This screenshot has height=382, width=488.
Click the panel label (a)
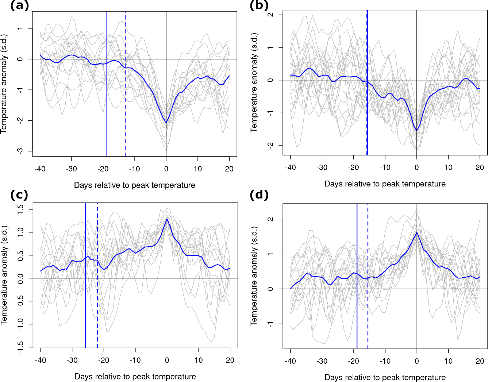click(x=19, y=6)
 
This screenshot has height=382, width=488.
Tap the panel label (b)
click(x=259, y=6)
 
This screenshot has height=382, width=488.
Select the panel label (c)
click(x=19, y=195)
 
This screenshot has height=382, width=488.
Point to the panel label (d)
click(x=259, y=195)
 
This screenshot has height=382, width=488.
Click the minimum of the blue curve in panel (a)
click(x=166, y=123)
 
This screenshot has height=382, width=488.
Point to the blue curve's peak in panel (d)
click(x=417, y=232)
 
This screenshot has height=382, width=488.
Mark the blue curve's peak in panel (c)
click(x=167, y=219)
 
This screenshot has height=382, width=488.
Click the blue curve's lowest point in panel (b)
click(x=416, y=130)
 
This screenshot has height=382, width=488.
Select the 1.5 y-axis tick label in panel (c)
click(x=20, y=209)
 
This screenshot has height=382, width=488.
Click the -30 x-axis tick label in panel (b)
click(x=322, y=167)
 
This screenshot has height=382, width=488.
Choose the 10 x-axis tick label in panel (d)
click(x=448, y=361)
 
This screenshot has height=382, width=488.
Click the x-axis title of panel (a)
click(x=134, y=185)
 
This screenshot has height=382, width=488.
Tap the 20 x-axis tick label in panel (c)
click(x=230, y=360)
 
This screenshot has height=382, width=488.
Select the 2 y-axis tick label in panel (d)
click(x=270, y=219)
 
